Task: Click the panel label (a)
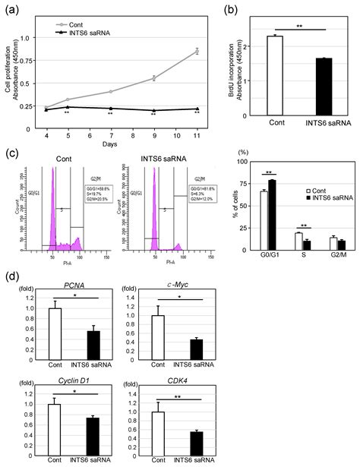point(13,11)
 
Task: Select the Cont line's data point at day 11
point(196,52)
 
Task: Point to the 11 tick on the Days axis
point(196,128)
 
